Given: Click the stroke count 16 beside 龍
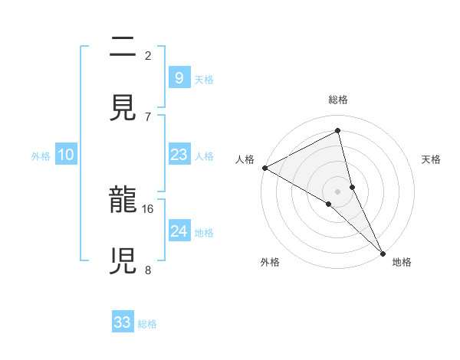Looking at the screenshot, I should [x=149, y=208].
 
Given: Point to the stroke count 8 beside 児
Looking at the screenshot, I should [x=148, y=269].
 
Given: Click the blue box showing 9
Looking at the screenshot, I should [x=179, y=77].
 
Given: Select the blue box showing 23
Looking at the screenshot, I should [x=179, y=155].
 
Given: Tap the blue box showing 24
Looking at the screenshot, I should [x=179, y=231].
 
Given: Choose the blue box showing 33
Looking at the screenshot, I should [x=123, y=322].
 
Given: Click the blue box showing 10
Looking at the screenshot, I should [x=65, y=155].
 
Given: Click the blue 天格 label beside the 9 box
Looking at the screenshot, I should [x=204, y=79].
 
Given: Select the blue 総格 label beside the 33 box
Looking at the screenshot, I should [x=147, y=324].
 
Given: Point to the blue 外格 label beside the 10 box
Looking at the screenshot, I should [x=41, y=156].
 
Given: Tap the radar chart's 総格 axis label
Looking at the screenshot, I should [x=338, y=100].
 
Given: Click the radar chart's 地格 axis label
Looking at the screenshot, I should [x=402, y=262].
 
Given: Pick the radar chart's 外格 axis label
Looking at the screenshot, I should [x=270, y=262].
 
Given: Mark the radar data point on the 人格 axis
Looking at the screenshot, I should [x=264, y=168].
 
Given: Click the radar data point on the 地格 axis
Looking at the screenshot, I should [x=383, y=252].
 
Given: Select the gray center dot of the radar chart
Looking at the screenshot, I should [x=337, y=191].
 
